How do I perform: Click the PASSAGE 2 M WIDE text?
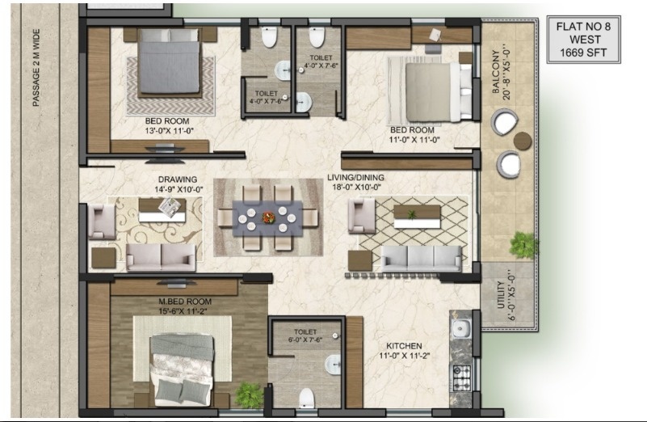[36, 68]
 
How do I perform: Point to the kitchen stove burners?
[461, 374]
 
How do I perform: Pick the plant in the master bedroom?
[250, 395]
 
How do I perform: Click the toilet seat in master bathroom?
[306, 397]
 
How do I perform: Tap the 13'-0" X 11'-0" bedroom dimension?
[170, 130]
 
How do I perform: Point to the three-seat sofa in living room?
[421, 258]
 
